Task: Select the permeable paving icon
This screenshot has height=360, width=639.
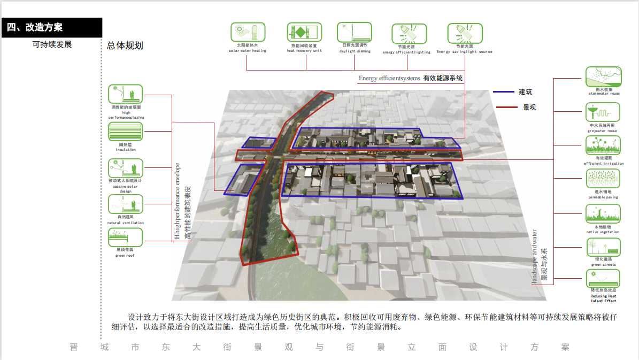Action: pos(603,178)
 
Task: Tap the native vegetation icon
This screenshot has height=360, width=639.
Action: pos(603,212)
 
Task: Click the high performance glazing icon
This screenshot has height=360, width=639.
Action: pos(126,94)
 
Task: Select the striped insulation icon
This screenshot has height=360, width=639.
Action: pos(126,132)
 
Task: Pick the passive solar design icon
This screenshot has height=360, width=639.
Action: pos(126,168)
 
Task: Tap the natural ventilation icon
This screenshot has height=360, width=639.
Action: pos(126,204)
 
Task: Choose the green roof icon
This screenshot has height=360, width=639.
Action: pos(126,238)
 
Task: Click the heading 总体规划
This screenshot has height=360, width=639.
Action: pos(125,46)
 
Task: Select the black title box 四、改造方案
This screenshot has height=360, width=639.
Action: pos(51,27)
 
